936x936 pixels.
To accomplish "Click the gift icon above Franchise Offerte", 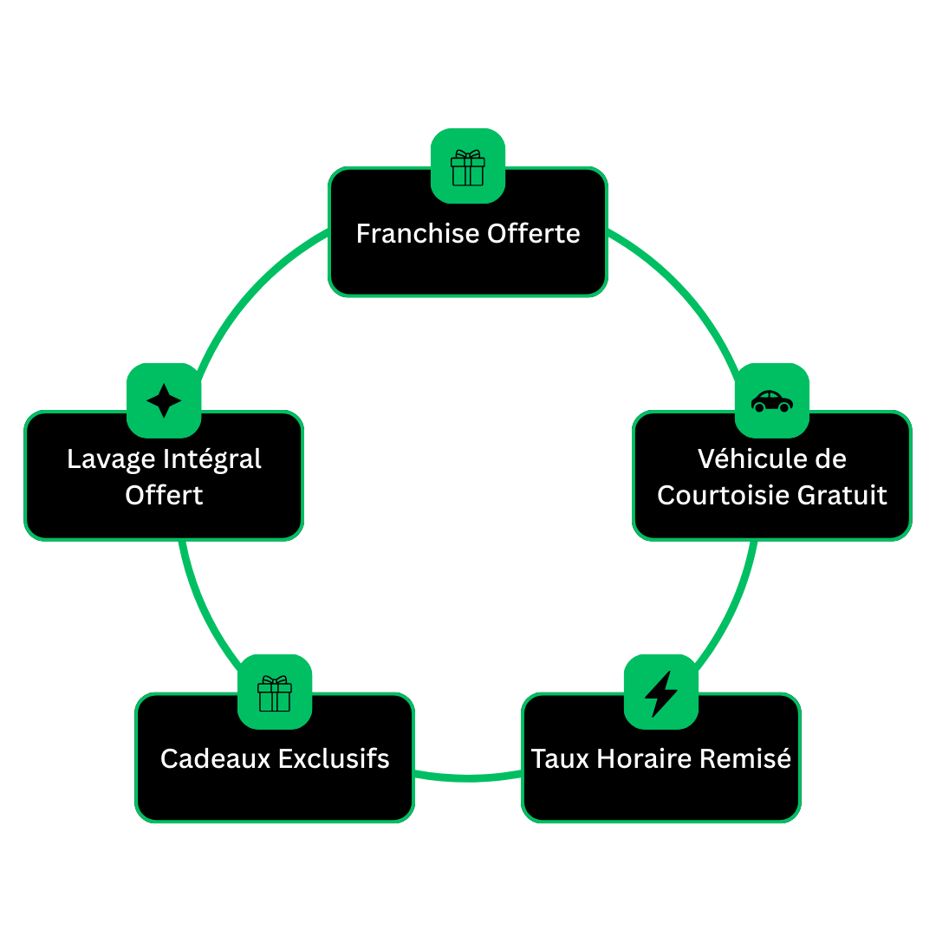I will pyautogui.click(x=468, y=166).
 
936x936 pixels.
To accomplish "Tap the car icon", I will pyautogui.click(x=772, y=400).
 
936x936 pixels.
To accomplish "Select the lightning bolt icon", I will pyautogui.click(x=661, y=692).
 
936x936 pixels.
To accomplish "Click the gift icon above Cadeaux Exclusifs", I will pyautogui.click(x=275, y=692).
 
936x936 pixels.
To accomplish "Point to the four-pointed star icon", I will pyautogui.click(x=164, y=400).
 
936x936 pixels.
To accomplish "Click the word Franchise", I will pyautogui.click(x=418, y=233).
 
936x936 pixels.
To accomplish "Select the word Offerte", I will pyautogui.click(x=533, y=233).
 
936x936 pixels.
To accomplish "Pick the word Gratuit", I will pyautogui.click(x=842, y=495).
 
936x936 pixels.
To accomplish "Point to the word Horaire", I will pyautogui.click(x=638, y=758).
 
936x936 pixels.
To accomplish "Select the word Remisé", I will pyautogui.click(x=744, y=758).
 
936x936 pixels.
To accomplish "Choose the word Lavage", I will pyautogui.click(x=108, y=458).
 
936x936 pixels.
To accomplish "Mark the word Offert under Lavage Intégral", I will pyautogui.click(x=164, y=495).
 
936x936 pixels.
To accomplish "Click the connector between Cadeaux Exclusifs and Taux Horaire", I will pyautogui.click(x=468, y=777).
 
